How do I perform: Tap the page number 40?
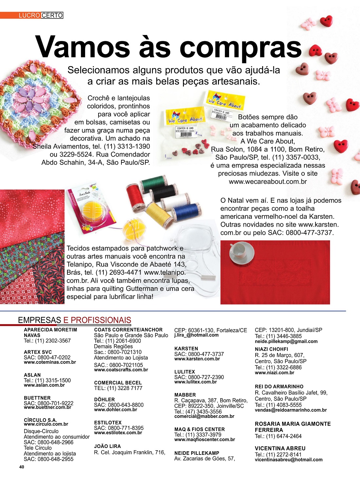pyautogui.click(x=22, y=467)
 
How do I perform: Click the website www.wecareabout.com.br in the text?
pyautogui.click(x=268, y=181)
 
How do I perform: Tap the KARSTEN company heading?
pyautogui.click(x=186, y=349)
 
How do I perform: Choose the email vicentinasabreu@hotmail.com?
pyautogui.click(x=288, y=460)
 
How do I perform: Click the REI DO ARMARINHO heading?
pyautogui.click(x=279, y=386)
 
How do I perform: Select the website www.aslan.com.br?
pyautogui.click(x=44, y=385)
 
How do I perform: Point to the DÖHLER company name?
pyautogui.click(x=104, y=399)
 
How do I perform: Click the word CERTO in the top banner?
pyautogui.click(x=52, y=15)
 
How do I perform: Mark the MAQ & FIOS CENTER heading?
pyautogui.click(x=199, y=429)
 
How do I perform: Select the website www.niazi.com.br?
pyautogui.click(x=274, y=373)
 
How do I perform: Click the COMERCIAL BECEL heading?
pyautogui.click(x=118, y=382)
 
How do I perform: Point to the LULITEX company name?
pyautogui.click(x=185, y=372)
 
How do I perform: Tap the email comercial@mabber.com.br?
pyautogui.click(x=204, y=417)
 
